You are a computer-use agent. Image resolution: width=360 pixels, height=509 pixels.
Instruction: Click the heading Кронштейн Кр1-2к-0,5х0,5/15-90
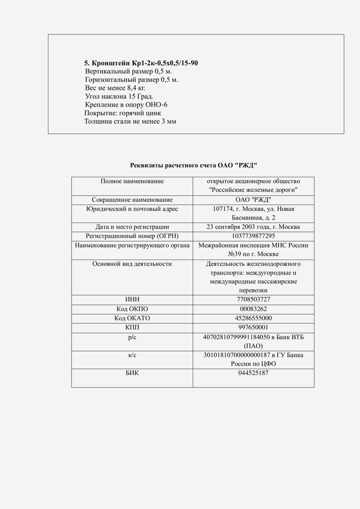point(141,63)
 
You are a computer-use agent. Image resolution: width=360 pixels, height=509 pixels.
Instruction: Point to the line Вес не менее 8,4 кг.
point(112,88)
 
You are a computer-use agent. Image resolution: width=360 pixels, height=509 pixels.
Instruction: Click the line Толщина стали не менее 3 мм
point(130,121)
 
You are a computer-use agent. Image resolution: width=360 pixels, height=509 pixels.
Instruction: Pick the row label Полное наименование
point(132,181)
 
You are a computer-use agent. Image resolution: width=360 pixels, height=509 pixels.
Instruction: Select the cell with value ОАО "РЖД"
point(253,199)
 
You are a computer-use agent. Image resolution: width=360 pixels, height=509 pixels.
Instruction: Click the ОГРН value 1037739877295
point(253,235)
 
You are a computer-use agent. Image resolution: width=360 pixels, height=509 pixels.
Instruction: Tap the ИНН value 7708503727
point(253,299)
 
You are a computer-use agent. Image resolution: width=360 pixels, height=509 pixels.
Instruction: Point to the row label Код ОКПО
point(132,308)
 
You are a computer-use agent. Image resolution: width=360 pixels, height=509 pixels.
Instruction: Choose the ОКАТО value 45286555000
point(253,318)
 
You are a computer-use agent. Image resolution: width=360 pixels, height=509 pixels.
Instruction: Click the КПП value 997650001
point(253,327)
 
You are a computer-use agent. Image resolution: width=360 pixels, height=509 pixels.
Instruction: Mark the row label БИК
point(132,373)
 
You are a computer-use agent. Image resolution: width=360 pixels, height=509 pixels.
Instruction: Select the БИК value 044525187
point(253,373)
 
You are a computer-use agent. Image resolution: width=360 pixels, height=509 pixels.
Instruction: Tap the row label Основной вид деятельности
point(132,264)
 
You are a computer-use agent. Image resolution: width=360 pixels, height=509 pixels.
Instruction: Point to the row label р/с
point(132,337)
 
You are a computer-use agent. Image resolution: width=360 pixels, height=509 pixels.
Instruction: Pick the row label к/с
point(132,355)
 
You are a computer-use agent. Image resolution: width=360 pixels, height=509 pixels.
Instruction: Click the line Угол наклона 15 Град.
point(119,96)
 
